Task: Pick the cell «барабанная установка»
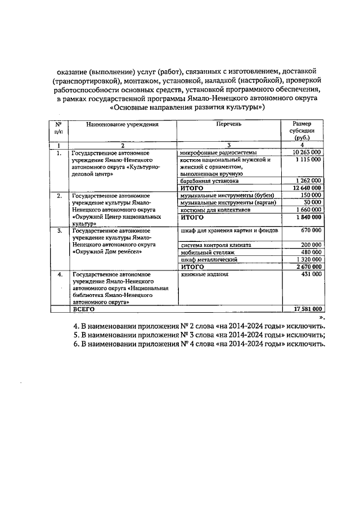point(209,181)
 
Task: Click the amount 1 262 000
point(308,181)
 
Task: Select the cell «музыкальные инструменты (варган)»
point(227,202)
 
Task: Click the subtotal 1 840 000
point(308,217)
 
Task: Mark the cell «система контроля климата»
point(215,245)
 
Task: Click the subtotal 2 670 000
point(308,267)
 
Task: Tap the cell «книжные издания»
point(204,274)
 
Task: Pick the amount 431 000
point(310,274)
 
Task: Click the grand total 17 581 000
point(307,309)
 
